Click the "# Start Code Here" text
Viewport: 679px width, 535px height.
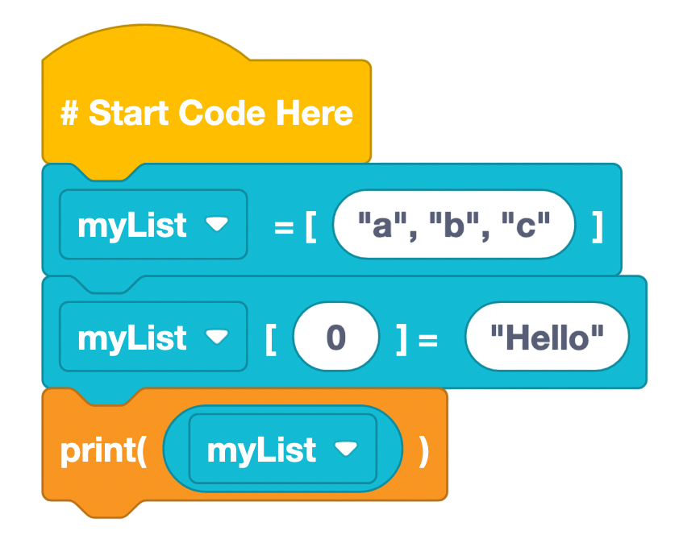click(206, 113)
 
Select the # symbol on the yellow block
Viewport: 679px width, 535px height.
click(69, 113)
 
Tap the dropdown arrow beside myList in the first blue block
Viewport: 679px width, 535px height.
click(218, 225)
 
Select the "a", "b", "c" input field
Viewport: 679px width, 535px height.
click(454, 225)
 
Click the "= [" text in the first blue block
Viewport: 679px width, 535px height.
click(294, 226)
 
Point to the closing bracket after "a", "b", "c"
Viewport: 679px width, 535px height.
click(597, 226)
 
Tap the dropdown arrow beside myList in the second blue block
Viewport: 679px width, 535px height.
click(218, 337)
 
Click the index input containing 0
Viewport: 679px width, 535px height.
click(335, 337)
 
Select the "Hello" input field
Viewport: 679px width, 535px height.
click(547, 337)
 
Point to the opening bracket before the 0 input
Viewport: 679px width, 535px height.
click(270, 338)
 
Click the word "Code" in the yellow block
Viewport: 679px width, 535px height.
click(223, 113)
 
